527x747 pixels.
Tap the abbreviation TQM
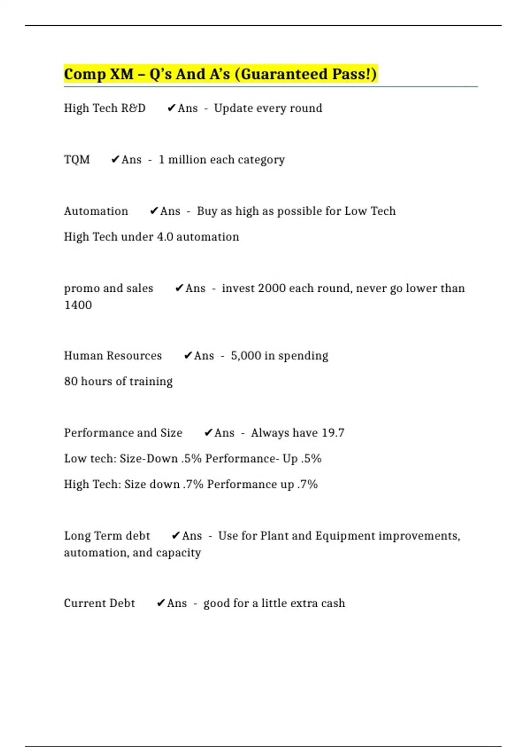[x=77, y=160]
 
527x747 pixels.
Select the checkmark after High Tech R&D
[x=171, y=108]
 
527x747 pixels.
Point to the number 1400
[x=78, y=305]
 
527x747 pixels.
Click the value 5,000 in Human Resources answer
[x=246, y=355]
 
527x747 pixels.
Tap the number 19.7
[x=333, y=433]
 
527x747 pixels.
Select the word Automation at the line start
[x=96, y=211]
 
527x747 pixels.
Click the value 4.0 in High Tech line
[x=165, y=237]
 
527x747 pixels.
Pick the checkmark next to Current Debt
[x=161, y=603]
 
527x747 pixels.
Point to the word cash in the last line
[x=333, y=603]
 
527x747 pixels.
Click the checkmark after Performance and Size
[x=209, y=433]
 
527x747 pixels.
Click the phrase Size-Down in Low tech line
[x=148, y=459]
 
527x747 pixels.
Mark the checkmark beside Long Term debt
[x=176, y=536]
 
